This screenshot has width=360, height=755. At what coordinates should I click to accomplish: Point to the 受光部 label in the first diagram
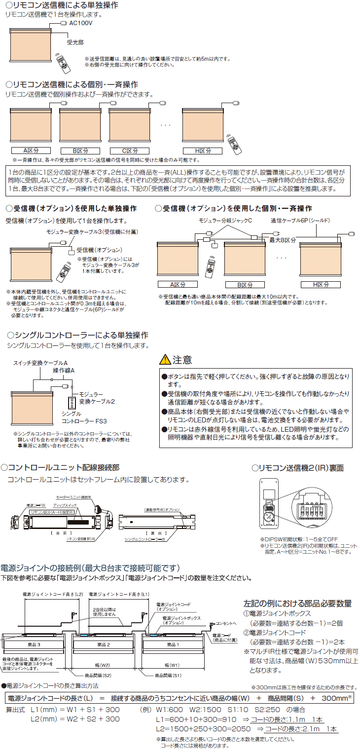click(75, 43)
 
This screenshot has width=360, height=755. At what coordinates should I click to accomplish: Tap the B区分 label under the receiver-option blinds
click(245, 285)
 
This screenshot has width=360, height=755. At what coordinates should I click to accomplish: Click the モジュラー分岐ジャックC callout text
click(225, 221)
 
